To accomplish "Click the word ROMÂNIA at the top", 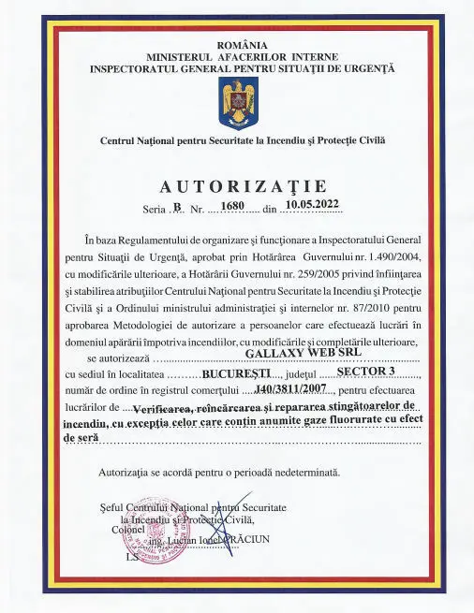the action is tap(242, 44).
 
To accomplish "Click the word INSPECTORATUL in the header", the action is tap(140, 68).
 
